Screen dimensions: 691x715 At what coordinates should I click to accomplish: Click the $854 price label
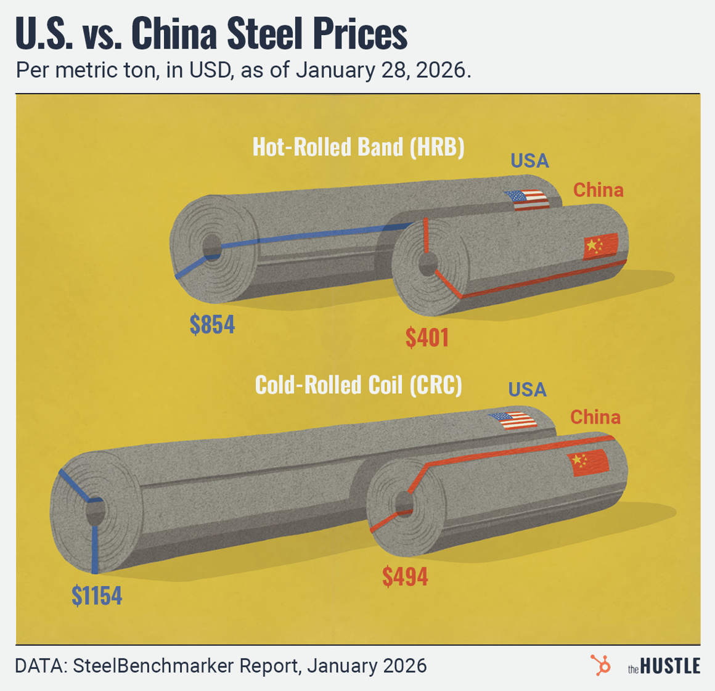click(212, 324)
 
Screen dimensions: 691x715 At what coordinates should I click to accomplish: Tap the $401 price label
click(427, 337)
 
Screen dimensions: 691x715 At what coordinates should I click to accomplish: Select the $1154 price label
click(97, 595)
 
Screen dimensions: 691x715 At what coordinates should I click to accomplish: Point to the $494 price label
click(405, 576)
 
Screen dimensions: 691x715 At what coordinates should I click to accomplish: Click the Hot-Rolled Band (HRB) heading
click(358, 147)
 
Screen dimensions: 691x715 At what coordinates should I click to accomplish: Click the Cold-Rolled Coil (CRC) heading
click(358, 385)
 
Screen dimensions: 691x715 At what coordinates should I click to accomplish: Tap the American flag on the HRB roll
click(527, 200)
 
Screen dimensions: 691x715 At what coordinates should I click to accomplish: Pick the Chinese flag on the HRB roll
click(600, 246)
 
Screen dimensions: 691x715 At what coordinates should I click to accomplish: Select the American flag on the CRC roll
click(512, 420)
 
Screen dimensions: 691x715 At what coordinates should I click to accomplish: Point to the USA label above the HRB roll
click(529, 161)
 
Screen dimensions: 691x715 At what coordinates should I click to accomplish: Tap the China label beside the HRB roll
click(598, 190)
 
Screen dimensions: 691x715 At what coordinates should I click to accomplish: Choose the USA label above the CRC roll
click(527, 390)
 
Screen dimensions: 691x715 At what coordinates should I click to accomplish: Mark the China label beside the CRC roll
click(595, 417)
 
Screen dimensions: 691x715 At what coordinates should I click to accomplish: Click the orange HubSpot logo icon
click(600, 666)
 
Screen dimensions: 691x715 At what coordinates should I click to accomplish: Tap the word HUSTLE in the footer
click(670, 666)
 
